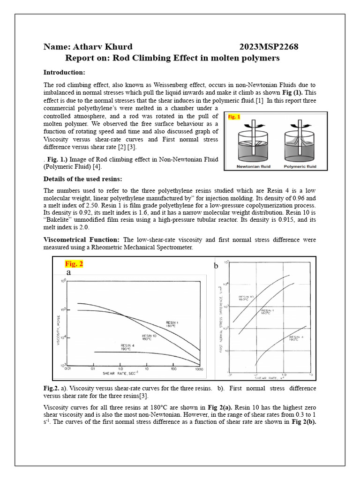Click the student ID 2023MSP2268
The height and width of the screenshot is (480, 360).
[x=269, y=47]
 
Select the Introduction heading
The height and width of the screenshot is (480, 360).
[x=64, y=72]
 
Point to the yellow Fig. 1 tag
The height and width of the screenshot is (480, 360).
[x=234, y=117]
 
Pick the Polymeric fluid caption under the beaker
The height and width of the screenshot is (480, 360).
[x=300, y=166]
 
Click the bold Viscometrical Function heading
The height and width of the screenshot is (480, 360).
[x=81, y=240]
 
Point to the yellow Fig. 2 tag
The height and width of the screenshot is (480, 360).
[x=74, y=264]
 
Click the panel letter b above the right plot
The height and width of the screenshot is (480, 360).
[x=216, y=266]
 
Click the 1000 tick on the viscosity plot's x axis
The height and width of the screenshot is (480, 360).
[x=199, y=369]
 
